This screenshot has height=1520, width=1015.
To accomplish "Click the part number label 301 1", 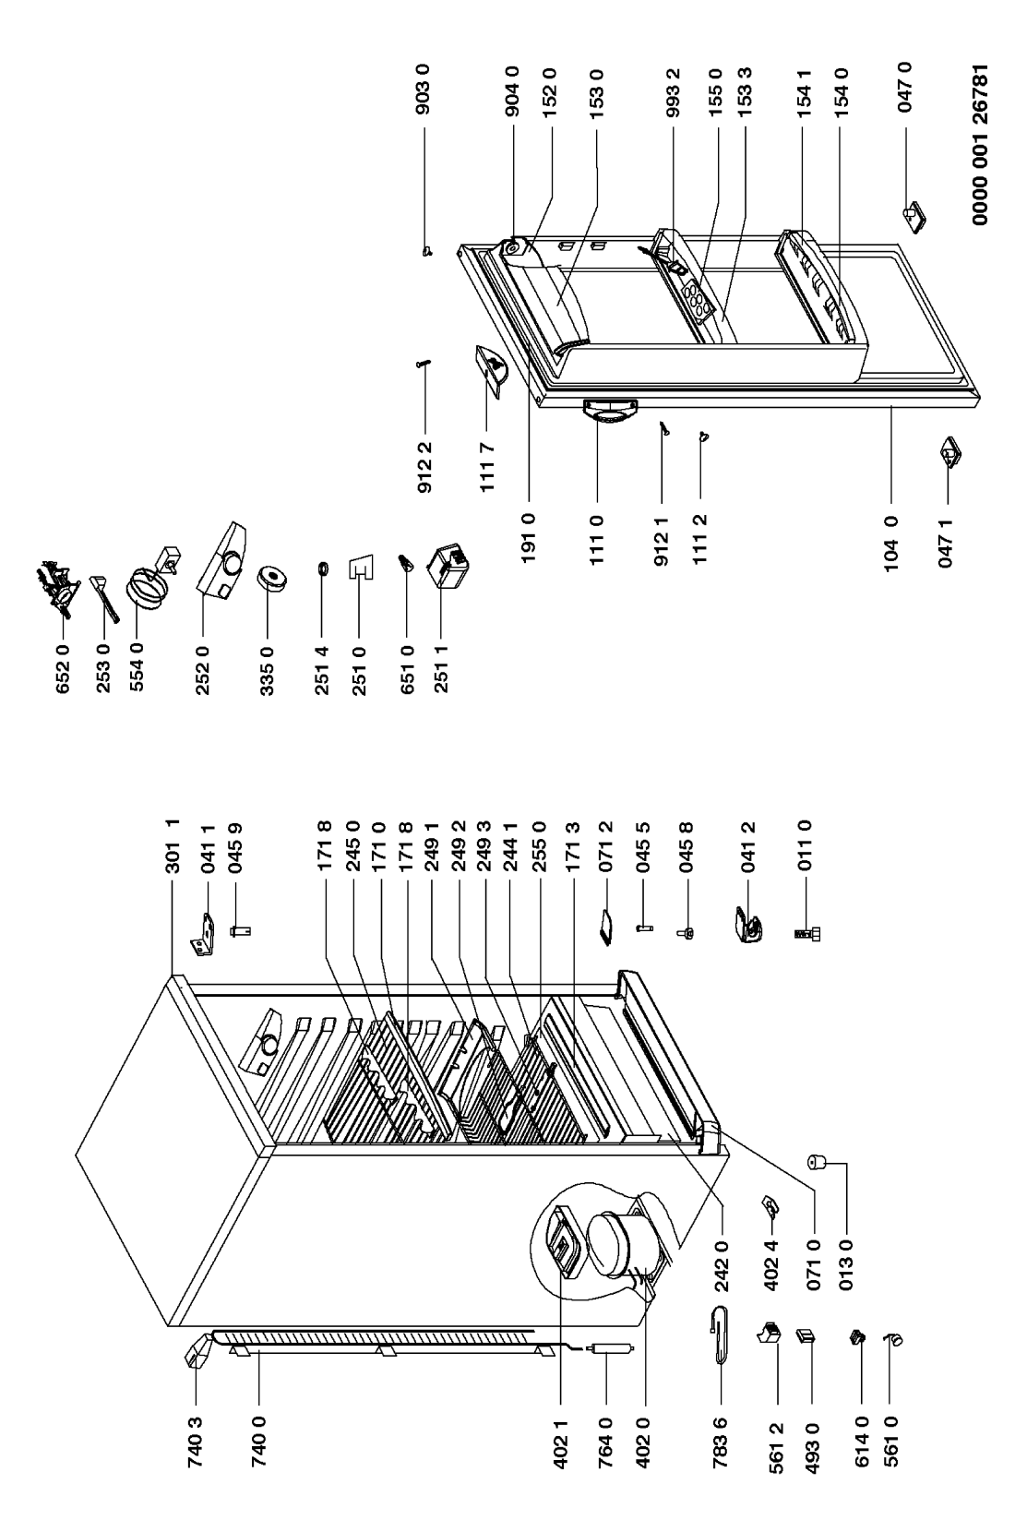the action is tap(173, 846).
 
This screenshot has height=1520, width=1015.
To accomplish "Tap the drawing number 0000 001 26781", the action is tap(980, 145).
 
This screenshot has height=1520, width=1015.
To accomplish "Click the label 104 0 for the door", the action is tap(891, 544).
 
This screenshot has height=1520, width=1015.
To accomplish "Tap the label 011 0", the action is tap(806, 846).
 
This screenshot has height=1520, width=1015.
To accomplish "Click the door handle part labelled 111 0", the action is tap(610, 412).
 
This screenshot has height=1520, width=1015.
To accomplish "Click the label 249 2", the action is tap(460, 846).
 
